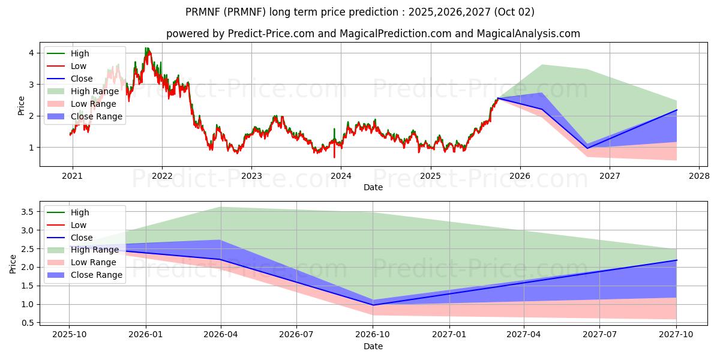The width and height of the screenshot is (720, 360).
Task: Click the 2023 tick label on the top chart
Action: [x=251, y=176]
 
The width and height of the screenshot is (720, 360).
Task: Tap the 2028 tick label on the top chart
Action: [x=699, y=176]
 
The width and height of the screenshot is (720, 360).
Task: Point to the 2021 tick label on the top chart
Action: [x=73, y=176]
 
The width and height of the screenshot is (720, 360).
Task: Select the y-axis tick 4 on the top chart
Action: [x=31, y=53]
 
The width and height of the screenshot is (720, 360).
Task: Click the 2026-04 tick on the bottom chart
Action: [x=221, y=335]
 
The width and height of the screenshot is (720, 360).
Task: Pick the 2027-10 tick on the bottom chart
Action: [x=677, y=335]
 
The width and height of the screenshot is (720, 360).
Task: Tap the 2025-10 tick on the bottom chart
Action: [x=69, y=335]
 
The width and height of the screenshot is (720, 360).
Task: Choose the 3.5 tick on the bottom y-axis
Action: [x=27, y=212]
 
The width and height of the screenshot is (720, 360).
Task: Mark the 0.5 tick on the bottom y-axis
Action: [x=27, y=323]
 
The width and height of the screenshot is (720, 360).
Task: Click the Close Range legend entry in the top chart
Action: [x=96, y=116]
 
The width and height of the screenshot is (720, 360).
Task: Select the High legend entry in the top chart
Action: [x=80, y=53]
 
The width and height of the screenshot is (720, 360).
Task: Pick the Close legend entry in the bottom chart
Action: [x=82, y=237]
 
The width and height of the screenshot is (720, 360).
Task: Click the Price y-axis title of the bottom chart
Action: [x=13, y=264]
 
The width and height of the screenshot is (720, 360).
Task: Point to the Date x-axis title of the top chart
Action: [x=373, y=187]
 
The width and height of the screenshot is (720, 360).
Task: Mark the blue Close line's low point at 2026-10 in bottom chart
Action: [x=373, y=305]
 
